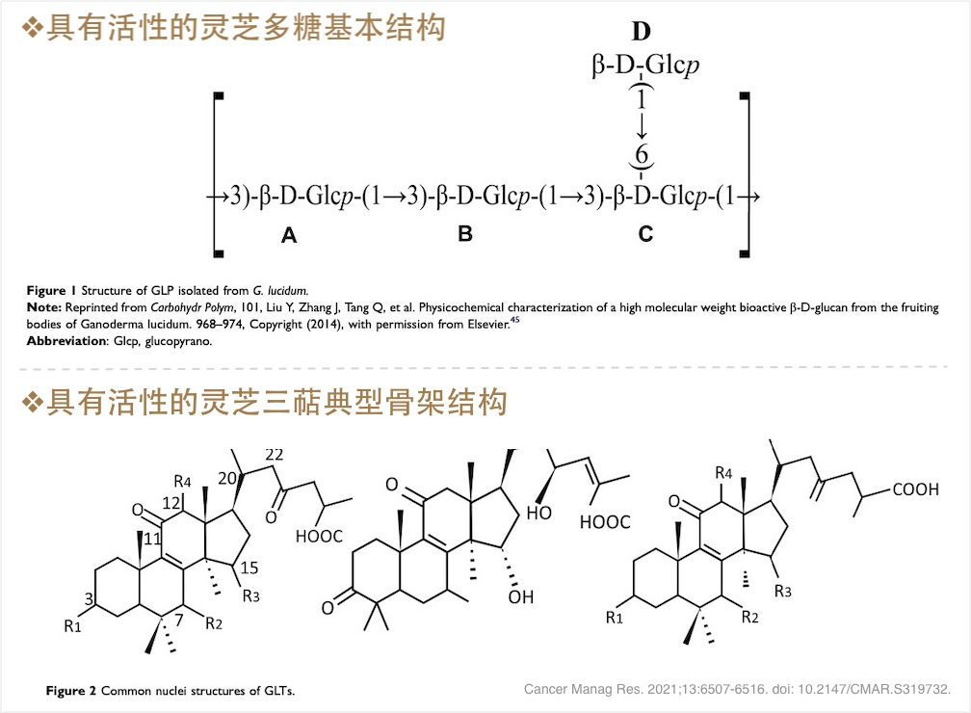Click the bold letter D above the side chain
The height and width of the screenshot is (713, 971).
point(642,32)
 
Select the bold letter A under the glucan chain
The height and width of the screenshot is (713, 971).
point(289,235)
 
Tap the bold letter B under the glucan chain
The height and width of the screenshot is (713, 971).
point(465,234)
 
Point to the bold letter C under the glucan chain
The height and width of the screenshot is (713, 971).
point(644,234)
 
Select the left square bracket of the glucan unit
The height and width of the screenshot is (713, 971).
point(218,174)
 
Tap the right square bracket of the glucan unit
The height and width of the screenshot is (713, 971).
point(745,174)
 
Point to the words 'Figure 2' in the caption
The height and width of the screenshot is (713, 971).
point(71,691)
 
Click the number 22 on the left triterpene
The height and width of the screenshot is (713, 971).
point(274,455)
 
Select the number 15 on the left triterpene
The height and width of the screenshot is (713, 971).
point(249,568)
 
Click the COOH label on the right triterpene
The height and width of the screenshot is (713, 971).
point(915,490)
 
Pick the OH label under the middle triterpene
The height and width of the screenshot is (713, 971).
point(521,598)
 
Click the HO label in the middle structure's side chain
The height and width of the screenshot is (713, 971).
point(538,514)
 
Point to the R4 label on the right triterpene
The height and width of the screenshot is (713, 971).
point(724,473)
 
